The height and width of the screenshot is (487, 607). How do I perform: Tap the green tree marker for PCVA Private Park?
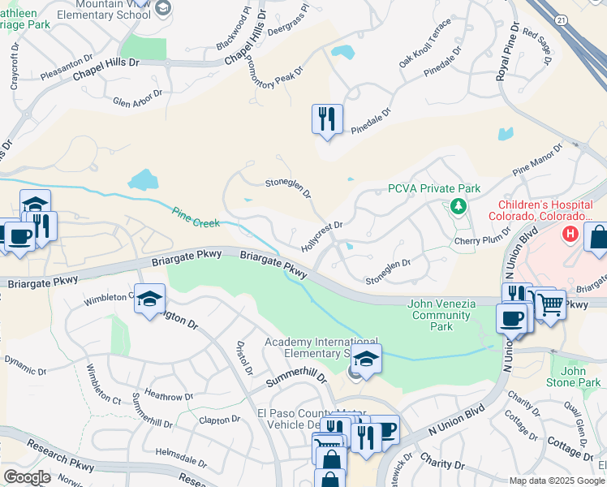458,206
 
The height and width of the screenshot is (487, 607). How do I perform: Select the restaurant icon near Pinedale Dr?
327,119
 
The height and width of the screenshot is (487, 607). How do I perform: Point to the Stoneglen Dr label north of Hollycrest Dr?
289,187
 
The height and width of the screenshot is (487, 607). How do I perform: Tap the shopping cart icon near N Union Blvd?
551,305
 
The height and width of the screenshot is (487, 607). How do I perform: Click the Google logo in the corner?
27,477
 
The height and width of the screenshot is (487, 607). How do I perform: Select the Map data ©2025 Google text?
557,481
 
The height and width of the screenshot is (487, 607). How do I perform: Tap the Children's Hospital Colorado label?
545,211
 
